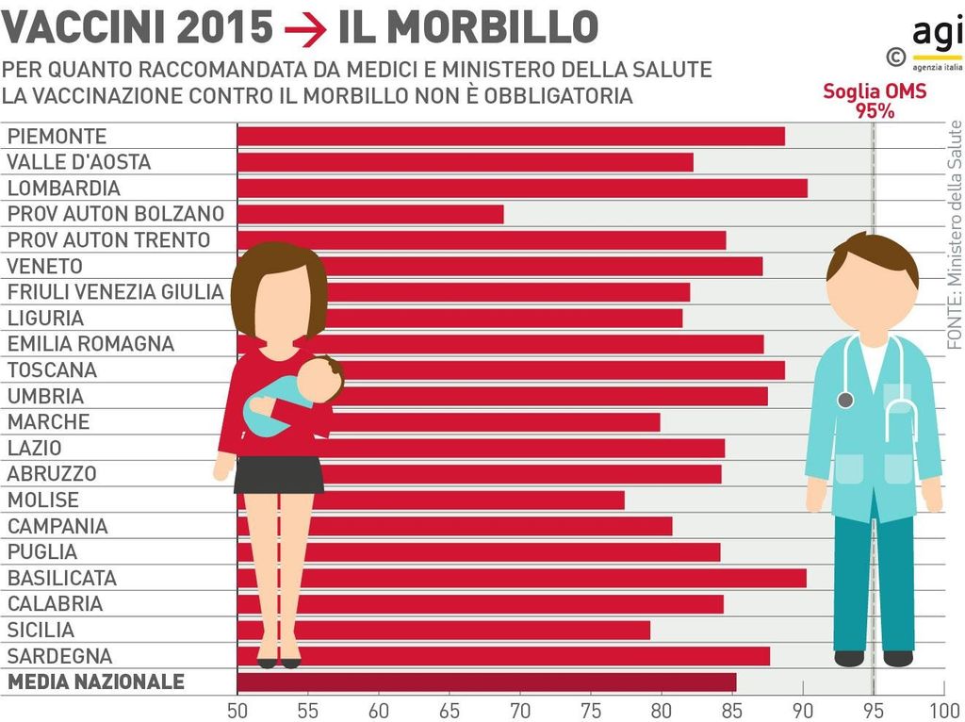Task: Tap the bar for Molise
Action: click(471, 500)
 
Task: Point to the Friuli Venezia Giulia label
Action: click(115, 292)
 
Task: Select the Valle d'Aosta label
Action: click(79, 162)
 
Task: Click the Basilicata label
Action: click(62, 578)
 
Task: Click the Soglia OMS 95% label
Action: click(875, 100)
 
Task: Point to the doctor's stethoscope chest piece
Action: click(845, 400)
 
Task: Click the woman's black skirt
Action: click(279, 475)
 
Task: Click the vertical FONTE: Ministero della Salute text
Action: click(954, 236)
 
